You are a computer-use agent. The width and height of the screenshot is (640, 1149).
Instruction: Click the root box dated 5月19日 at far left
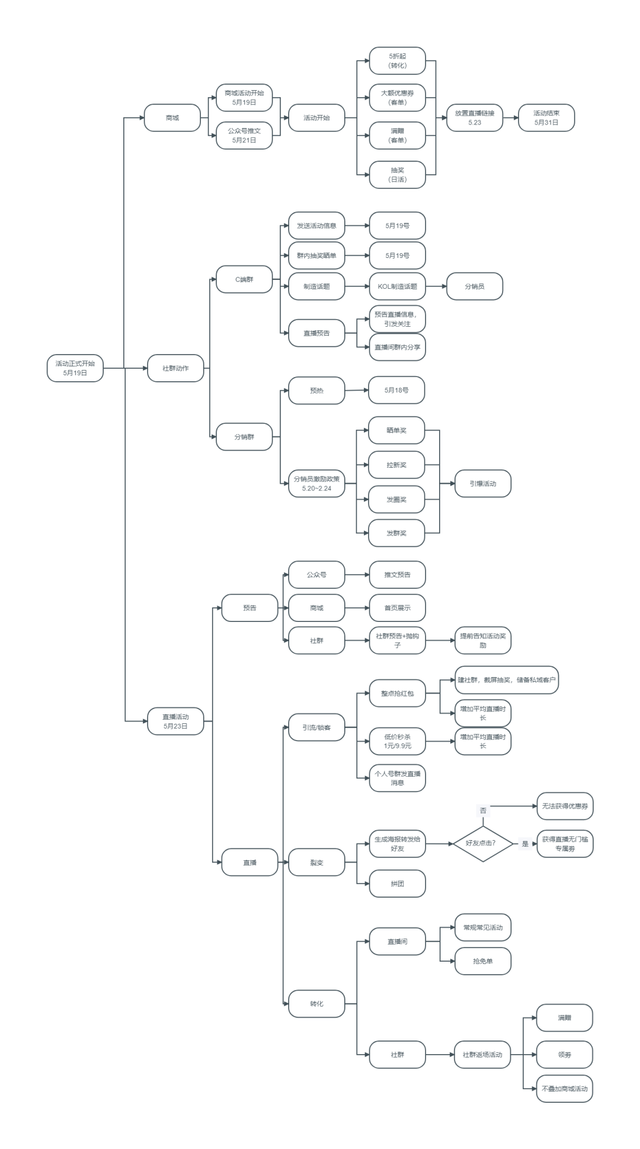tap(75, 368)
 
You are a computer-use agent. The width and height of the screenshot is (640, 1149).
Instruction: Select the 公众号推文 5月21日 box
tap(244, 135)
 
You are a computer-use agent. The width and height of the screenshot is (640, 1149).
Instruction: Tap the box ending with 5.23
tap(474, 117)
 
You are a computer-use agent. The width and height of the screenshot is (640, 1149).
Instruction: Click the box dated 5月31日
tap(546, 117)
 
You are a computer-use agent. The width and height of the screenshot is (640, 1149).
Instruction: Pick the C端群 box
tap(244, 279)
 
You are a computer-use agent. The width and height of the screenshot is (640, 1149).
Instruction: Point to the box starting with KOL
tap(397, 286)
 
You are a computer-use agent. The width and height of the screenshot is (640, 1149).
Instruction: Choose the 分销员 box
tap(474, 286)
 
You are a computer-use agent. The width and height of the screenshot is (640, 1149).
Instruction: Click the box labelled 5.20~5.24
tap(316, 483)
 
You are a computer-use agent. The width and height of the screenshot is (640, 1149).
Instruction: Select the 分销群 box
tap(244, 436)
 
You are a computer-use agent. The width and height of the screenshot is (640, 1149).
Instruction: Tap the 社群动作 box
tap(175, 368)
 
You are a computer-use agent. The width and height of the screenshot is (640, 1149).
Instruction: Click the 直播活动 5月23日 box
tap(175, 721)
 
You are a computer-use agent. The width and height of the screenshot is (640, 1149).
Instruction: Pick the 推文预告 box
tap(397, 574)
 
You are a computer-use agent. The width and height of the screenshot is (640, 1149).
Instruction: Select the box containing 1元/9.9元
tap(397, 741)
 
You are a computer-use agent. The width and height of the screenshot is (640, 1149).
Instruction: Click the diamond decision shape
tap(483, 842)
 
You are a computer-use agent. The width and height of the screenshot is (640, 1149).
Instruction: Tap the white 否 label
tap(483, 810)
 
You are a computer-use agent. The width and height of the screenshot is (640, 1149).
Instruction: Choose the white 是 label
tap(525, 843)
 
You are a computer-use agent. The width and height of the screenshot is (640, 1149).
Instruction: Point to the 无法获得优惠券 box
tap(564, 806)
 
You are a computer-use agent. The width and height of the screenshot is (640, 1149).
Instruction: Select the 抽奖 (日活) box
tap(397, 174)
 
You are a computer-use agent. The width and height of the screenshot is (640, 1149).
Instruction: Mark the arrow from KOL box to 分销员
tap(436, 286)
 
